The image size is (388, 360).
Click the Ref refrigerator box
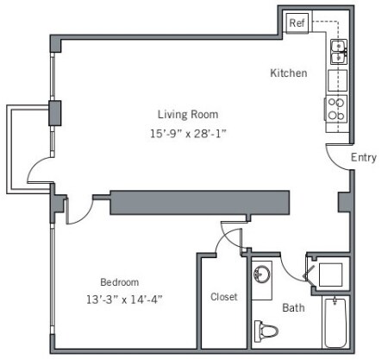[x=297, y=22]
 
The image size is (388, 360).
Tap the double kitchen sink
[x=339, y=52]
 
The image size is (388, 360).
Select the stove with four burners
[x=336, y=109]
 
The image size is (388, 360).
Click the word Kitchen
[x=289, y=73]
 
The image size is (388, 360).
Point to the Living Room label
[x=188, y=115]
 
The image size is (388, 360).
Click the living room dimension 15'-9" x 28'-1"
[x=188, y=134]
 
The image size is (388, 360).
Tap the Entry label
[x=364, y=157]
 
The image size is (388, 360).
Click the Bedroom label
[x=120, y=282]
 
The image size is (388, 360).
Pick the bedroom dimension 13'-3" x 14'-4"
[x=124, y=300]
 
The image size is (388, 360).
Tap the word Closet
[x=224, y=297]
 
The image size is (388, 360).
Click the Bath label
[x=293, y=307]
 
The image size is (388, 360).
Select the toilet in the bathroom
[x=266, y=331]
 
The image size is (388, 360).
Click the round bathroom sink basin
[x=262, y=274]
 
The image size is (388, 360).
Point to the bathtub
[x=335, y=323]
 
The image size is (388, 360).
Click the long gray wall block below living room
[x=199, y=202]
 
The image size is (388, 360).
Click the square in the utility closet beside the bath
[x=330, y=275]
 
